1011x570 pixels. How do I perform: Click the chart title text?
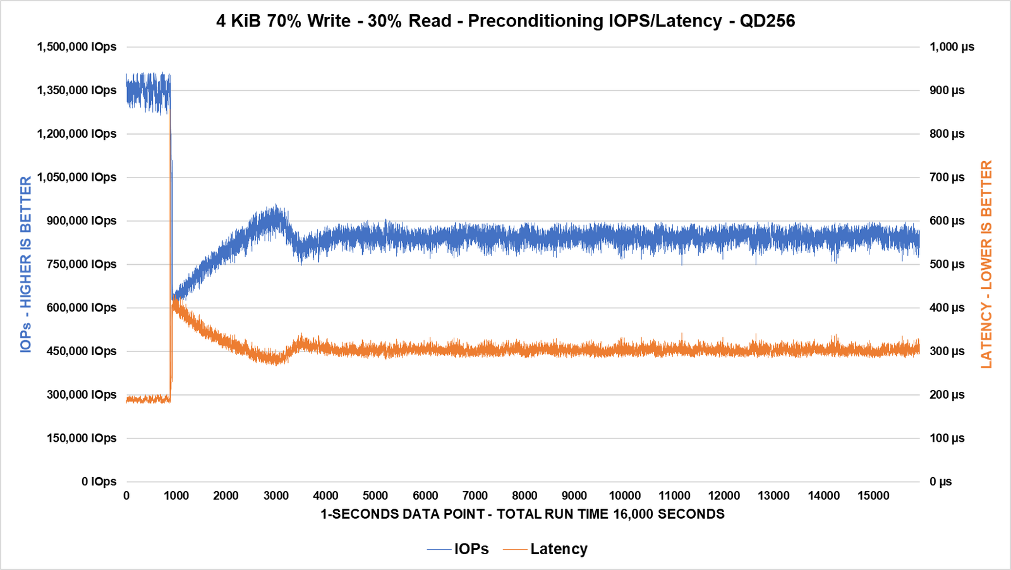pos(505,21)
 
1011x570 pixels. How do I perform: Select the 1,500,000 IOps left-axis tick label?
pos(76,47)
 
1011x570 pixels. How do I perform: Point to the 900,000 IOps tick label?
pos(82,221)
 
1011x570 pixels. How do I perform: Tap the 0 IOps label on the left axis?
pos(99,482)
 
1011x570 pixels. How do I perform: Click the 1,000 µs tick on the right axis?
pos(952,47)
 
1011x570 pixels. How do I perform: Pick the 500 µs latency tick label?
pos(947,264)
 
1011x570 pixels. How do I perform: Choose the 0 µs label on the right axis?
pos(940,482)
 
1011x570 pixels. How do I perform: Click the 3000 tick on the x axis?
pos(276,496)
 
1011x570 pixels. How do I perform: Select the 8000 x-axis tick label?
pos(524,496)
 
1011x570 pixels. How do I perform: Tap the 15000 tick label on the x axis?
pos(873,496)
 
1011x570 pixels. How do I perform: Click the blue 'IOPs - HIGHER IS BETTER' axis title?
pos(26,264)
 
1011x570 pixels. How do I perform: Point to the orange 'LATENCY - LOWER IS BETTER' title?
pos(986,264)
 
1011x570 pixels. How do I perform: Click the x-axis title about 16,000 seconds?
pos(522,514)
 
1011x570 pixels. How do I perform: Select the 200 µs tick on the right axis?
pos(947,395)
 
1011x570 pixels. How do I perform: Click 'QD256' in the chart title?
pos(767,21)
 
